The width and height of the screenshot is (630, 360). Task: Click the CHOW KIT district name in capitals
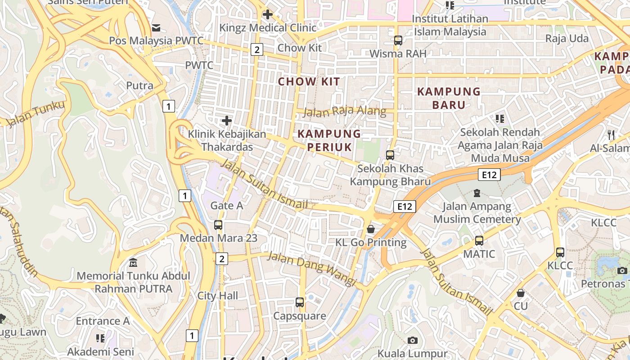click(x=309, y=81)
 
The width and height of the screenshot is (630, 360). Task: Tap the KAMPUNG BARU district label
click(x=449, y=98)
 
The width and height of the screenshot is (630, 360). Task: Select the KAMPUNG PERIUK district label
click(x=329, y=140)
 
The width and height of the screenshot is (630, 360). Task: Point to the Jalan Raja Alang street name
click(x=345, y=111)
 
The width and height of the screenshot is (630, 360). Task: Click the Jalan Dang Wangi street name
click(x=312, y=268)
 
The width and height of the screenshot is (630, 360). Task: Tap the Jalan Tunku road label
click(x=36, y=114)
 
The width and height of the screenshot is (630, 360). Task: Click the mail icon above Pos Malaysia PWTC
click(x=156, y=28)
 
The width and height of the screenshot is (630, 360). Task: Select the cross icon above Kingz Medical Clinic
click(x=268, y=14)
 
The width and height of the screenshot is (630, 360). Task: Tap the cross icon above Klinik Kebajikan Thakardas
click(x=227, y=121)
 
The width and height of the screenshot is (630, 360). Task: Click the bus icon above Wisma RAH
click(x=398, y=40)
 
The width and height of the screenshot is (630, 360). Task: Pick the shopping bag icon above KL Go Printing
click(x=371, y=229)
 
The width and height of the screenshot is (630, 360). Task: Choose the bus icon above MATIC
click(x=479, y=241)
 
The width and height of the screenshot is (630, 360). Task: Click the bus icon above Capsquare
click(x=300, y=302)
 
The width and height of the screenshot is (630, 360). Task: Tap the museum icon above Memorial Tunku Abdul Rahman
click(x=133, y=262)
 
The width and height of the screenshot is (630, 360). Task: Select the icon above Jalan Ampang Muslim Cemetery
click(x=477, y=193)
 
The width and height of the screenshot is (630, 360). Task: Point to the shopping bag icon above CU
click(x=521, y=293)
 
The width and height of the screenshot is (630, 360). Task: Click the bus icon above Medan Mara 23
click(x=218, y=225)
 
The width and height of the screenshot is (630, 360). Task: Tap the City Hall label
click(x=218, y=296)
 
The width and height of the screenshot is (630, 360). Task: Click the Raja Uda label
click(x=567, y=38)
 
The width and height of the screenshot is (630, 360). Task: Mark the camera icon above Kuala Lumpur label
click(x=412, y=340)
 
